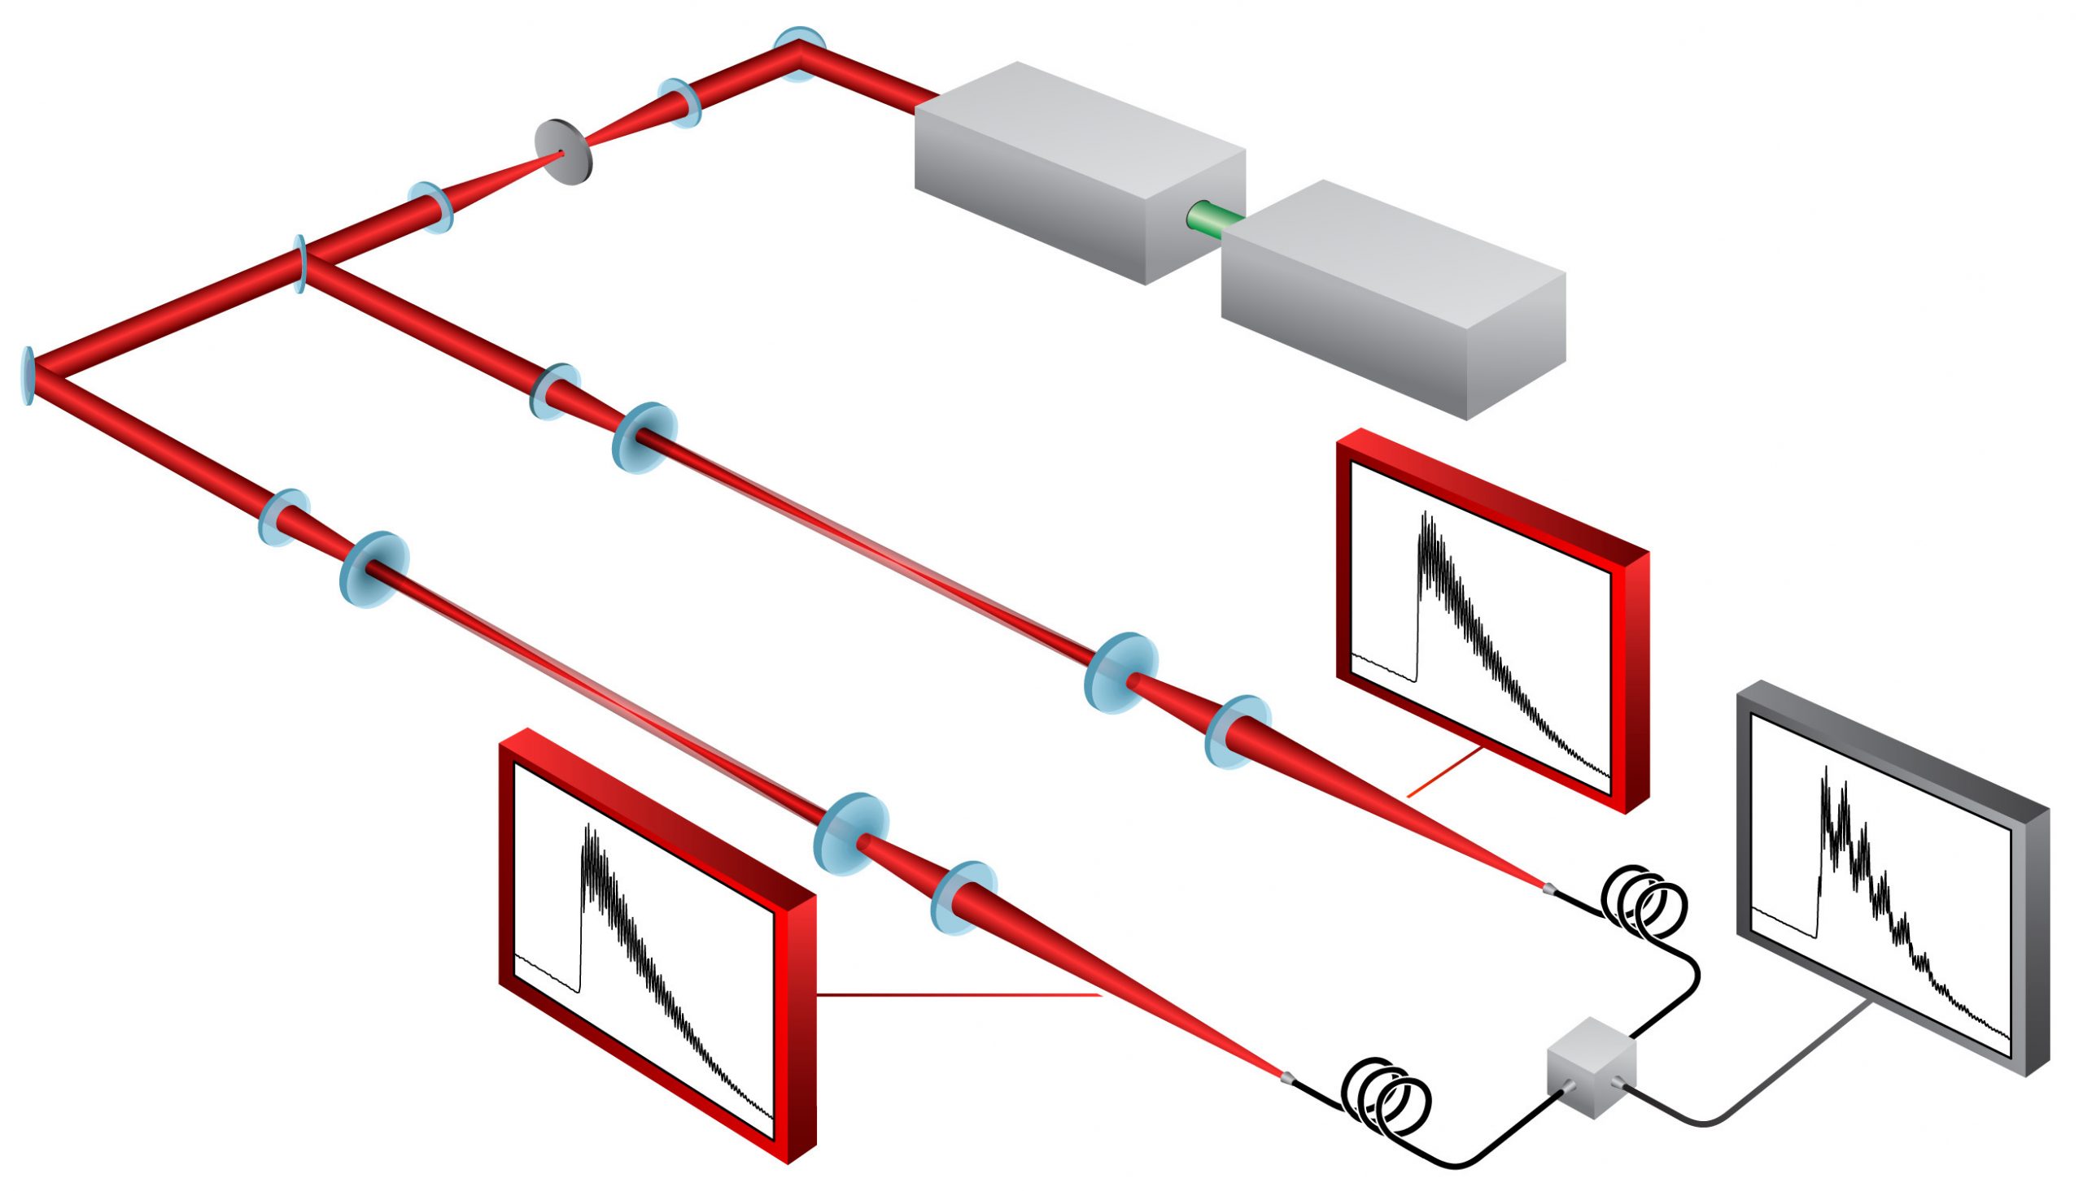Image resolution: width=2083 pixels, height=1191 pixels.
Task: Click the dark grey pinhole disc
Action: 563,152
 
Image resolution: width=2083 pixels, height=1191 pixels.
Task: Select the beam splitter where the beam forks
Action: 301,263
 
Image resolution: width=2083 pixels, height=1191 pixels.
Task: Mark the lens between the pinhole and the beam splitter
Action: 431,207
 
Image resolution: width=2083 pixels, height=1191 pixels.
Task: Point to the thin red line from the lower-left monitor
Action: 958,996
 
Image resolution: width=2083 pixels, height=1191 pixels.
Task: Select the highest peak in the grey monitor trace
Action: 1825,770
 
